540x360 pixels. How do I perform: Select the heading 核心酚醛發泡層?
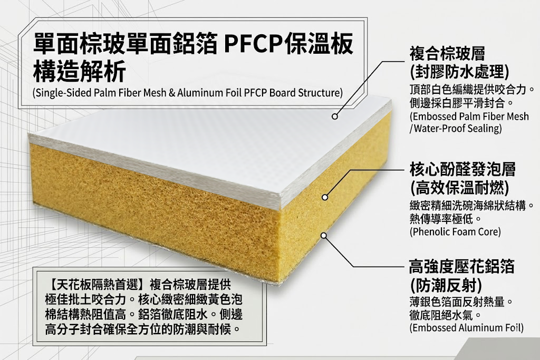[x=462, y=170]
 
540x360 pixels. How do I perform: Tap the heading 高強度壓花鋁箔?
[x=461, y=267]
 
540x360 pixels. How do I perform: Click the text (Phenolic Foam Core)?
[x=455, y=231]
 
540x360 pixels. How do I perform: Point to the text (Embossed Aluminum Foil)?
[x=466, y=328]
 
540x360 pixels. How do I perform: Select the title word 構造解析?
[x=79, y=72]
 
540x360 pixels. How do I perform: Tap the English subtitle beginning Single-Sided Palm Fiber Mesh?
[x=187, y=93]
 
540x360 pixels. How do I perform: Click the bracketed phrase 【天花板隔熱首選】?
[x=95, y=285]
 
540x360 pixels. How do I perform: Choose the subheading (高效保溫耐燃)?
[x=459, y=187]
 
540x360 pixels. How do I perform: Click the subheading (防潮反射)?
[x=446, y=285]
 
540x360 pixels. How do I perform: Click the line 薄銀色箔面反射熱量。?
[x=461, y=303]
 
